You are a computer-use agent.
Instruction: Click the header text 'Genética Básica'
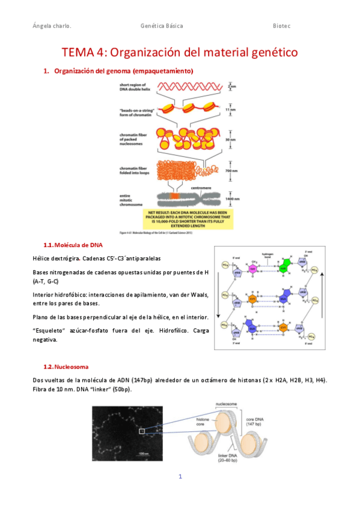pos(161,26)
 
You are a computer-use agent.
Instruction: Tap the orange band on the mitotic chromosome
pos(175,197)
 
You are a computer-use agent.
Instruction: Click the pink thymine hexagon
pos(253,268)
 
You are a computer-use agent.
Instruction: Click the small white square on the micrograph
pos(142,431)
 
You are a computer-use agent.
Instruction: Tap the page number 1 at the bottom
pos(180,477)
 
